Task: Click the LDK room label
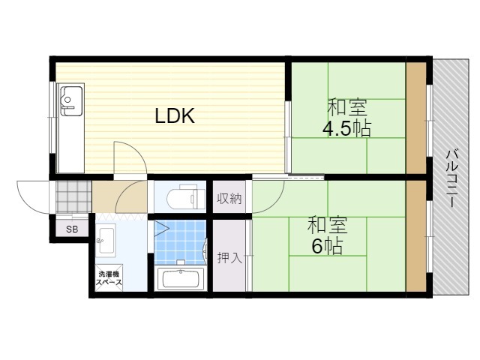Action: point(175,116)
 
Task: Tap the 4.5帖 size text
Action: point(346,129)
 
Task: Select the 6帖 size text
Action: point(327,246)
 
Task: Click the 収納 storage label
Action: point(229,199)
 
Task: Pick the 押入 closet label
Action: point(229,257)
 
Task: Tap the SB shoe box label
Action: point(72,229)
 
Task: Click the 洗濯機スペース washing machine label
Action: point(109,278)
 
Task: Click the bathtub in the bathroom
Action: point(181,279)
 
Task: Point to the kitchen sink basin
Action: point(71,100)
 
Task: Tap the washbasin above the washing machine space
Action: point(106,238)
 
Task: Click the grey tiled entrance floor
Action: point(73,196)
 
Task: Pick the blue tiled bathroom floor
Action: point(180,242)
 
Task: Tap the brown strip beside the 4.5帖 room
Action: point(416,118)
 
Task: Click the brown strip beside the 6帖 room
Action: point(416,235)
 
